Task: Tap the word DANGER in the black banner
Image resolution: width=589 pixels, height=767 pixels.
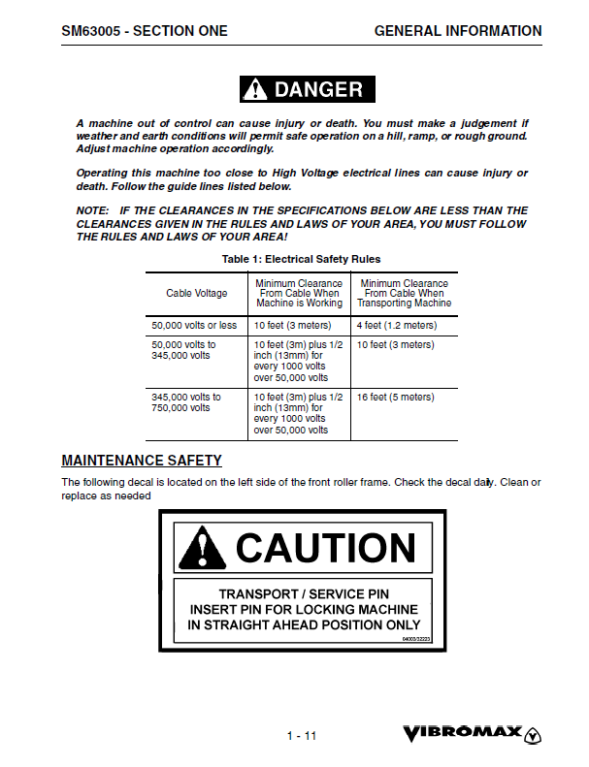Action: [x=318, y=90]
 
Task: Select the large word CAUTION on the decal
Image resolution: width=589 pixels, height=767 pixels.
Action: [x=325, y=548]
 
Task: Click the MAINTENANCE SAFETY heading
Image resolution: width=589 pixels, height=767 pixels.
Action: [x=142, y=461]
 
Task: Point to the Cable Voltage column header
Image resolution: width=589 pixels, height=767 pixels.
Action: [x=197, y=293]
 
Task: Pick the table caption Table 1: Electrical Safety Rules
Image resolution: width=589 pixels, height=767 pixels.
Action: [x=301, y=259]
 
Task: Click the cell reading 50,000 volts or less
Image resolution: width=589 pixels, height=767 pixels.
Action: [x=194, y=326]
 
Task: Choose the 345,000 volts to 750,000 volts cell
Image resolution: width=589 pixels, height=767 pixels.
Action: [x=186, y=402]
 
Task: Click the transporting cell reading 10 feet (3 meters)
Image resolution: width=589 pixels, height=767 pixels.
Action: [x=395, y=344]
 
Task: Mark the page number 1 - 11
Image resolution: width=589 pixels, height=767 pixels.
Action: [x=302, y=736]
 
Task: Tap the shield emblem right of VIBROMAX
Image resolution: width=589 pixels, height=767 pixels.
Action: [x=533, y=734]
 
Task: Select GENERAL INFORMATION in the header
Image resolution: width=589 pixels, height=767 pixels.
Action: [x=458, y=31]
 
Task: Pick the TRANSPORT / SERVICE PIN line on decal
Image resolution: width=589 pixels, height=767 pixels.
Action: [x=304, y=593]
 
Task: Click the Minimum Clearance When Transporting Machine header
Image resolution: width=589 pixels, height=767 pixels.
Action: [x=405, y=293]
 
